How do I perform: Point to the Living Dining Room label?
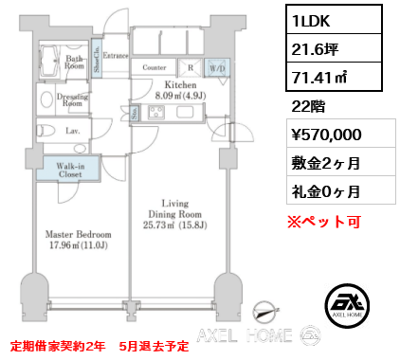[x=175, y=217]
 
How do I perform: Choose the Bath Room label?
[x=75, y=62]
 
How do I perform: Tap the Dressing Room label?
[x=72, y=99]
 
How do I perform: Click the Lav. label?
[x=72, y=133]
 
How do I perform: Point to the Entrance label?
[x=117, y=56]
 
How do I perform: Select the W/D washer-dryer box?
[x=216, y=67]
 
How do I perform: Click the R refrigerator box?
[x=191, y=67]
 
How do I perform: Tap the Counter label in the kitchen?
[x=155, y=67]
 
